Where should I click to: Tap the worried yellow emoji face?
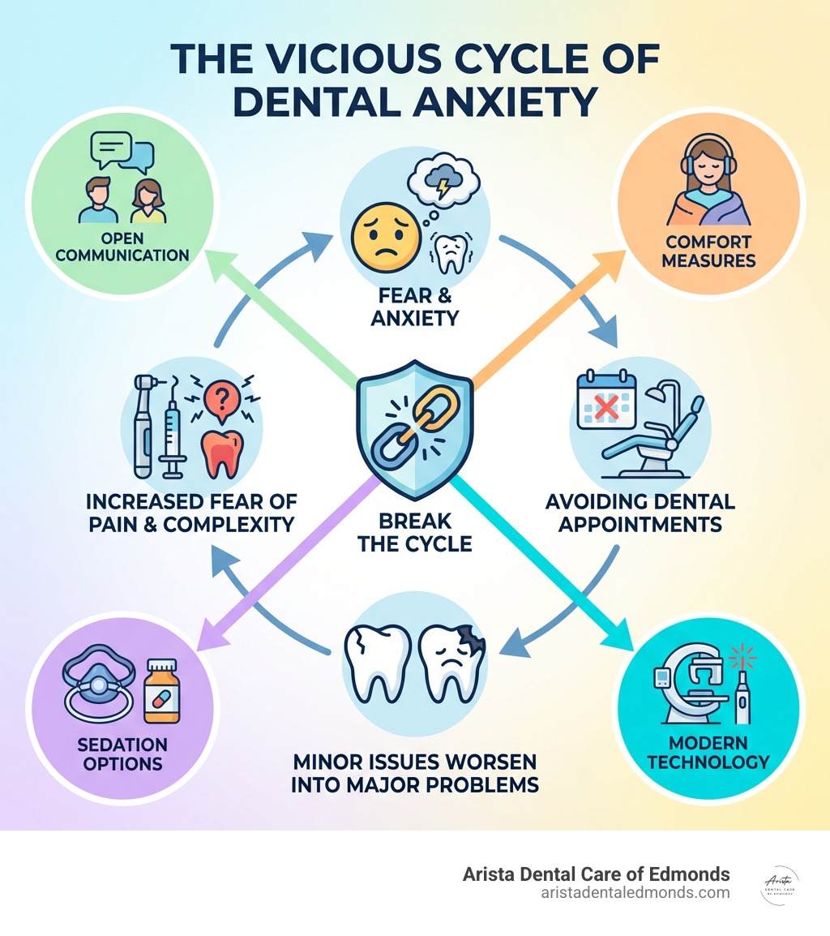coord(379,237)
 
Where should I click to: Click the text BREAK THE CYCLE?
coord(414,532)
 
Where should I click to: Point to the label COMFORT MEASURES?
coord(708,251)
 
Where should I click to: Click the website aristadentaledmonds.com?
coord(635,892)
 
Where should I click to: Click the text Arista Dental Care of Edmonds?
coord(596,874)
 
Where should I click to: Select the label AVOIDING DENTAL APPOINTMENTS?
coord(640,513)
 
